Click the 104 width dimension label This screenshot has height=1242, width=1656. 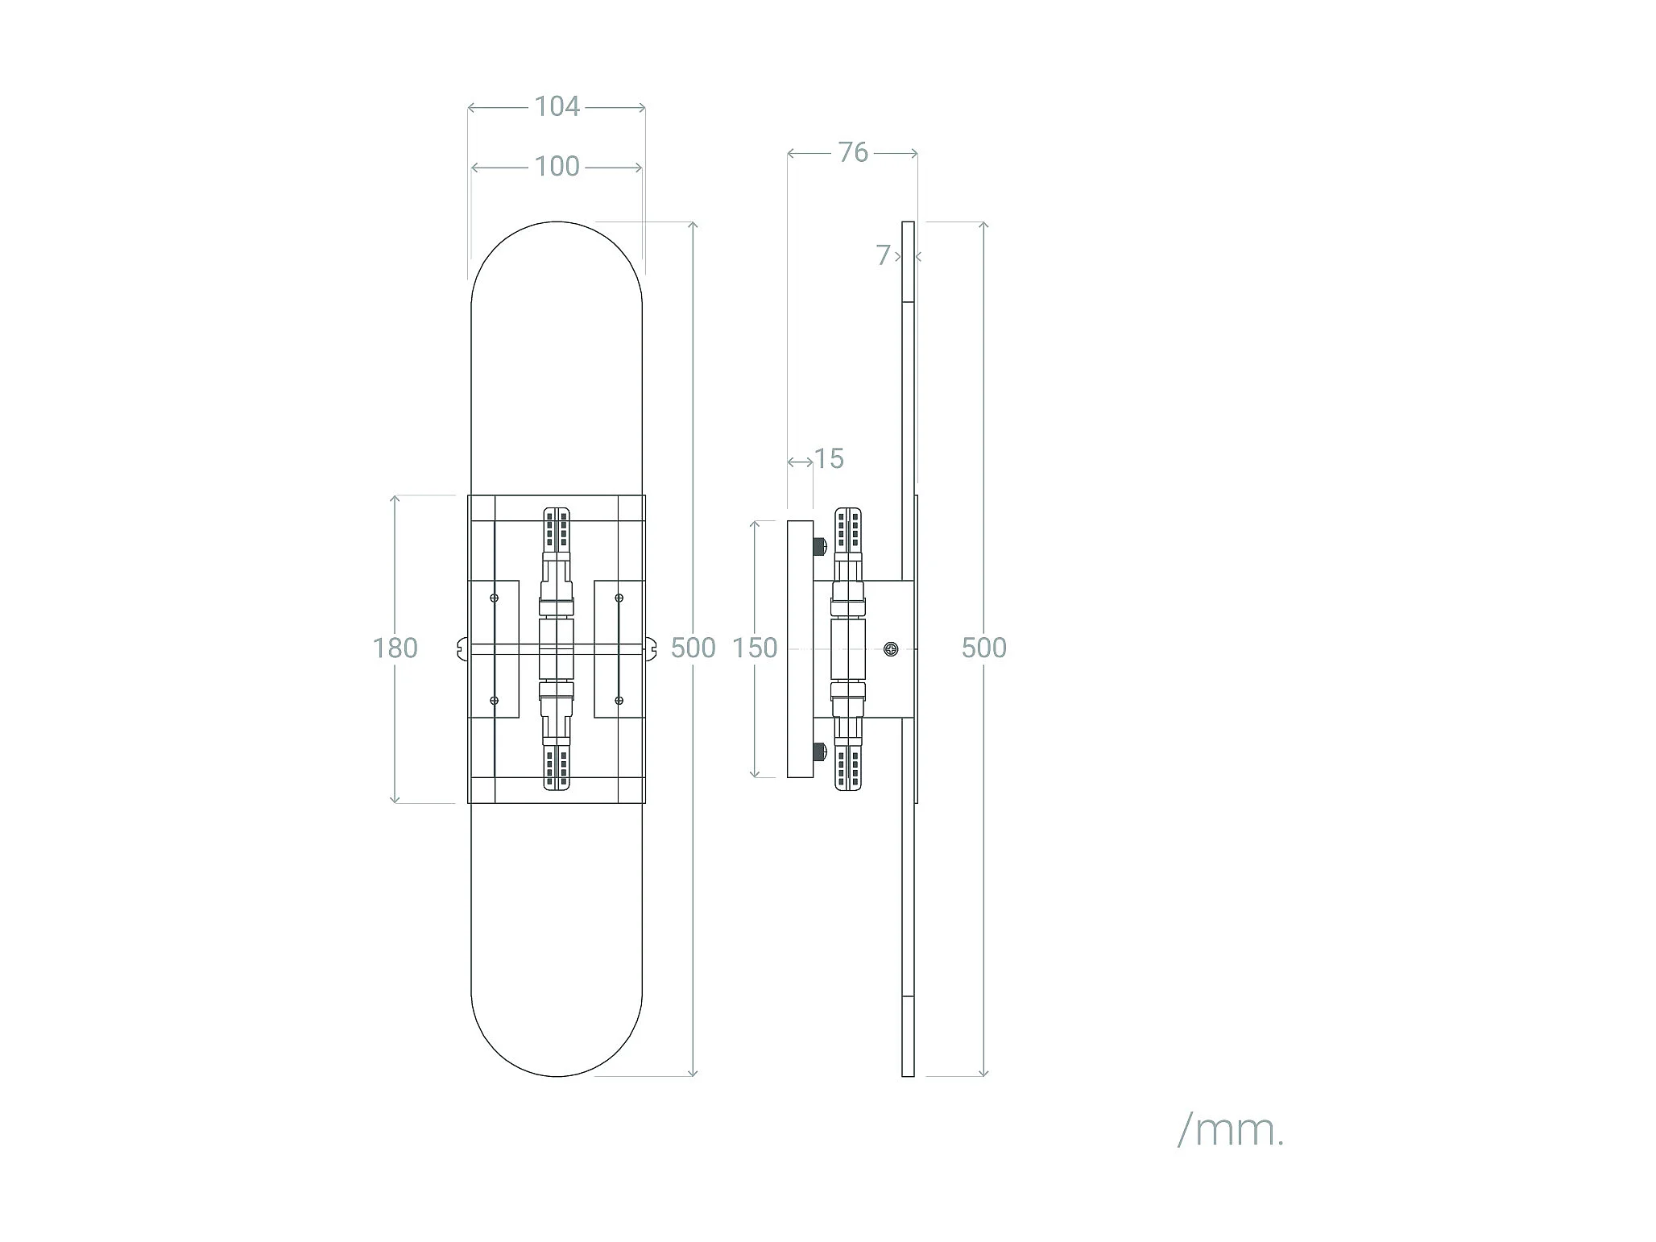pyautogui.click(x=557, y=106)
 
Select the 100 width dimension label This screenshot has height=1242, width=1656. pyautogui.click(x=557, y=167)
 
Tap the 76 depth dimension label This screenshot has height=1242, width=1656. pyautogui.click(x=853, y=152)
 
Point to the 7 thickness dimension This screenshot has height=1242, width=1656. pyautogui.click(x=884, y=255)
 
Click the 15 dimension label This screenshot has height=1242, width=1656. pyautogui.click(x=829, y=459)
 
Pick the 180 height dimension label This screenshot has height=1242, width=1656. pyautogui.click(x=395, y=648)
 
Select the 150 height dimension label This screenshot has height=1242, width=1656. pyautogui.click(x=755, y=648)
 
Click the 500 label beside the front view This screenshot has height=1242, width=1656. pyautogui.click(x=693, y=648)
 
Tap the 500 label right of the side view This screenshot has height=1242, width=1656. pyautogui.click(x=983, y=648)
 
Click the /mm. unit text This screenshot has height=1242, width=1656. pyautogui.click(x=1230, y=1131)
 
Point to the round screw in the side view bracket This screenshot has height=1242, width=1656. pyautogui.click(x=891, y=648)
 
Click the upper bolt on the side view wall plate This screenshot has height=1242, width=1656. pyautogui.click(x=820, y=547)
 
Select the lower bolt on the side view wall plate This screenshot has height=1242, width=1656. pyautogui.click(x=820, y=751)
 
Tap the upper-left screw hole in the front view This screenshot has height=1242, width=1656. pyautogui.click(x=495, y=598)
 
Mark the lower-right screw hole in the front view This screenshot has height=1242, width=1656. pyautogui.click(x=619, y=701)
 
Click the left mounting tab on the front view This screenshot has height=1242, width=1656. pyautogui.click(x=461, y=648)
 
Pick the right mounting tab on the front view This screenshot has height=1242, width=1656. pyautogui.click(x=652, y=648)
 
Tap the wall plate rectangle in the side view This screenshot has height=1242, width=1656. pyautogui.click(x=800, y=648)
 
